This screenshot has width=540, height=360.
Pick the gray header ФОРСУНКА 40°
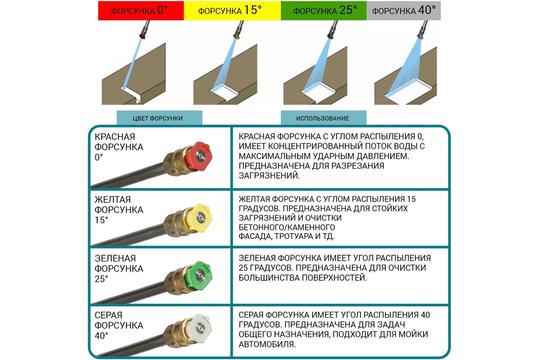(404, 11)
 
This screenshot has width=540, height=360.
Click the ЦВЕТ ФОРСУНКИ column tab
(159, 118)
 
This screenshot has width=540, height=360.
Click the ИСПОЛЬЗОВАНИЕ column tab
(324, 118)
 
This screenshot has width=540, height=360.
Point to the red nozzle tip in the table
(198, 156)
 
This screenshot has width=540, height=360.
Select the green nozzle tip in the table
(198, 275)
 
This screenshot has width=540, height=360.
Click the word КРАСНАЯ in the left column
(115, 137)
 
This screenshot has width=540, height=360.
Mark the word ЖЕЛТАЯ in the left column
(112, 200)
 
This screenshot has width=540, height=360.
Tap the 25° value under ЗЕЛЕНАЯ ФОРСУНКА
(101, 279)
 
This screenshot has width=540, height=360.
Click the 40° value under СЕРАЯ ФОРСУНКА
(101, 336)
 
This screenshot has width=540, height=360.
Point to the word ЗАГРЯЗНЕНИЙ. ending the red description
(269, 176)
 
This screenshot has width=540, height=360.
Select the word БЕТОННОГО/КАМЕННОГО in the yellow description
(287, 227)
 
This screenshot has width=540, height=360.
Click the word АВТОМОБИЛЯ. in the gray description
(267, 344)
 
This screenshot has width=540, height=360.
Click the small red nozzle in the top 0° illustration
(142, 36)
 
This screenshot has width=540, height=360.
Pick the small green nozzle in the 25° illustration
(330, 36)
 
